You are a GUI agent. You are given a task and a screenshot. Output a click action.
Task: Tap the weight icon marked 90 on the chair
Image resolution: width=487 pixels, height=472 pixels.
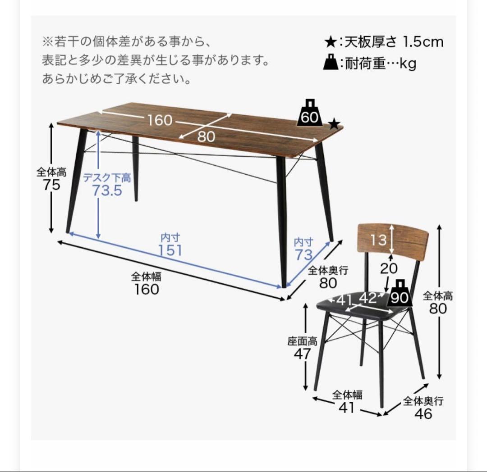click(399, 293)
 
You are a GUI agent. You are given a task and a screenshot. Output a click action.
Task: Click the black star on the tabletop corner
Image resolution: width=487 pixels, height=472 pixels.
click(334, 124)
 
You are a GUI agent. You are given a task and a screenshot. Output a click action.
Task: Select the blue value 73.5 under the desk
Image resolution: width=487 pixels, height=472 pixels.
click(107, 191)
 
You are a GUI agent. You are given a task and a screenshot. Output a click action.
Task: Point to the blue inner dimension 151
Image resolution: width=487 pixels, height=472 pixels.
click(170, 250)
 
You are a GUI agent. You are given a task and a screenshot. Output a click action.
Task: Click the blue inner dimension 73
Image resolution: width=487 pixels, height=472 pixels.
click(303, 254)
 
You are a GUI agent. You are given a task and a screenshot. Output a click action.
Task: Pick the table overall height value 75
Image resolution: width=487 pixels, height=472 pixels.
click(49, 185)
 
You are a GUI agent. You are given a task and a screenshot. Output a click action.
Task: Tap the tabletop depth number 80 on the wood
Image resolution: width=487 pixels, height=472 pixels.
click(207, 136)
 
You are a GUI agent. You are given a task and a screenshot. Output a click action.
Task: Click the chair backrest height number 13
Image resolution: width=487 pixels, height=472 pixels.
click(379, 240)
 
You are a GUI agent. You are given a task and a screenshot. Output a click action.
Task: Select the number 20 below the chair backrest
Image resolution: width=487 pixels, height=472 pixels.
click(388, 268)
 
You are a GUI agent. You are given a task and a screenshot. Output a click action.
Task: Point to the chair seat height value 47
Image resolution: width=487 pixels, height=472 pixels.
click(302, 354)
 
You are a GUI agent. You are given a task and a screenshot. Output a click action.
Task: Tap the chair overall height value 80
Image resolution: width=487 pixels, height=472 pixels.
click(438, 309)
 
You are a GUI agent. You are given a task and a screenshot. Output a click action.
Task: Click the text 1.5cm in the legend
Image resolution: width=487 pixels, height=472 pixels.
click(423, 42)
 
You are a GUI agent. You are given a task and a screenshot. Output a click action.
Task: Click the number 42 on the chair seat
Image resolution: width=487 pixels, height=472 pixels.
click(368, 298)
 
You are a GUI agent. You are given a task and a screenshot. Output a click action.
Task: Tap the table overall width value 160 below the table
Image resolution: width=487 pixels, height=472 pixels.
click(147, 289)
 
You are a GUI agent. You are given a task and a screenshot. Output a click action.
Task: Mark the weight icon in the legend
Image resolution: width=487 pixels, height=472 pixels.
click(331, 62)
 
